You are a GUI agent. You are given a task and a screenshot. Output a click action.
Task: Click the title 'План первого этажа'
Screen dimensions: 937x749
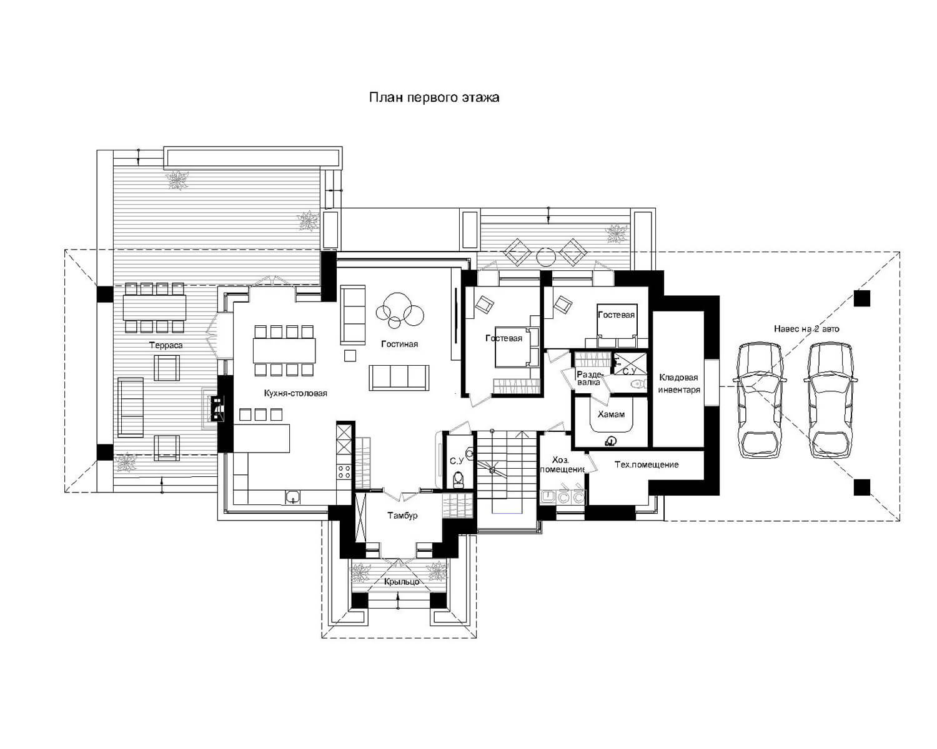(434, 97)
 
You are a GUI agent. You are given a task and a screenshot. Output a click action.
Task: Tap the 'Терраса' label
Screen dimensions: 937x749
(166, 345)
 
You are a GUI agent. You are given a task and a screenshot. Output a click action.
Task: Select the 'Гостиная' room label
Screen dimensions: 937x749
(399, 344)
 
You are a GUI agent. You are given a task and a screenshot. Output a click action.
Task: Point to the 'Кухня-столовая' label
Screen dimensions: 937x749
(295, 393)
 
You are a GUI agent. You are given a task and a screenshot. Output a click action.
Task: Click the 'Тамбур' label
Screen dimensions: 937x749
(402, 516)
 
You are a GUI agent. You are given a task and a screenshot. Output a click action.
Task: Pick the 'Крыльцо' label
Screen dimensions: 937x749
(402, 582)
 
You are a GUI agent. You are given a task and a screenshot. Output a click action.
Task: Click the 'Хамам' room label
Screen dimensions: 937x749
(611, 414)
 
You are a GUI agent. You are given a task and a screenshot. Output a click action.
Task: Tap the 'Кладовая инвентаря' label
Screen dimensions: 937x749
(679, 383)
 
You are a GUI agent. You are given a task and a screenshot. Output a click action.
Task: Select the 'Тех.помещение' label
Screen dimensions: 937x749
(646, 464)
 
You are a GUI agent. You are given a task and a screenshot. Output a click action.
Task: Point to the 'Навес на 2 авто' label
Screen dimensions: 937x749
(806, 328)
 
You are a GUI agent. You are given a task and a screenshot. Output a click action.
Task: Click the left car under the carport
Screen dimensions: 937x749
(760, 400)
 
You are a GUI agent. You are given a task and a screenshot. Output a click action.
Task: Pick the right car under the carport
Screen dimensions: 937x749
(830, 400)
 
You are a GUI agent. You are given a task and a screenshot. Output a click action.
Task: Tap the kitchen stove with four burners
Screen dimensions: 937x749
(344, 471)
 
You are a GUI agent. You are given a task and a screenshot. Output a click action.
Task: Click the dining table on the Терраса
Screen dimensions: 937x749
(154, 308)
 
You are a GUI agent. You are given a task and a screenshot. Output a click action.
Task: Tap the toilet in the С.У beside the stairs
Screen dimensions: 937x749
(458, 479)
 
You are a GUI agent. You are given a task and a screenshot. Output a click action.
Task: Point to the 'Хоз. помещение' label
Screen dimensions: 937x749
(562, 464)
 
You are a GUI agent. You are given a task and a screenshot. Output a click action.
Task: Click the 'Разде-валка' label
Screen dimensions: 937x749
(590, 378)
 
